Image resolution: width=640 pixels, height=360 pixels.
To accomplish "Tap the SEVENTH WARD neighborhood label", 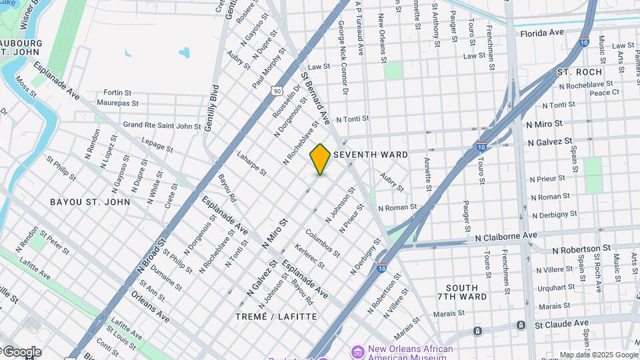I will coord(371,155).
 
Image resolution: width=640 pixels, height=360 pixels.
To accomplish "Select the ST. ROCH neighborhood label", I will coord(579,72).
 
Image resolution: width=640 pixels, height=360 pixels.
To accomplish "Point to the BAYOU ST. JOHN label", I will coord(90,201).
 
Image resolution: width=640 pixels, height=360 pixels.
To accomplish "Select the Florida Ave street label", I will coord(542,33).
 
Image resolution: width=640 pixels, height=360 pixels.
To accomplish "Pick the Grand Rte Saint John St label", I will coord(162,125).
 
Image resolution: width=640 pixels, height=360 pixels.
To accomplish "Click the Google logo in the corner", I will coord(21,352).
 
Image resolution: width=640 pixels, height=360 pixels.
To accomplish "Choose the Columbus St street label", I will coord(323,243).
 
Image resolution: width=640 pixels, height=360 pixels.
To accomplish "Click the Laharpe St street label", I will coord(251,163).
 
